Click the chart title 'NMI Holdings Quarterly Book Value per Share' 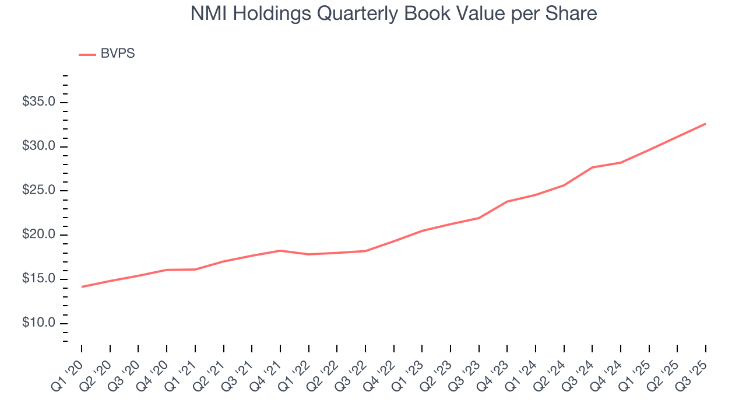click(x=393, y=14)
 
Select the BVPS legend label click(x=117, y=54)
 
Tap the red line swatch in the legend click(x=87, y=54)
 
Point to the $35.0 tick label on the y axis click(x=38, y=102)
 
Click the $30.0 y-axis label click(x=38, y=146)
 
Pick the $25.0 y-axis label click(x=38, y=191)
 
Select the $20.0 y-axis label click(x=38, y=235)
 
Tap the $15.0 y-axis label click(x=38, y=279)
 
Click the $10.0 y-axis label click(x=38, y=324)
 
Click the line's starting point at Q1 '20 click(x=82, y=286)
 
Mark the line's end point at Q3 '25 click(x=706, y=124)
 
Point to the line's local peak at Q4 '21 click(x=280, y=250)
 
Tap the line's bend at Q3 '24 click(x=592, y=167)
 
